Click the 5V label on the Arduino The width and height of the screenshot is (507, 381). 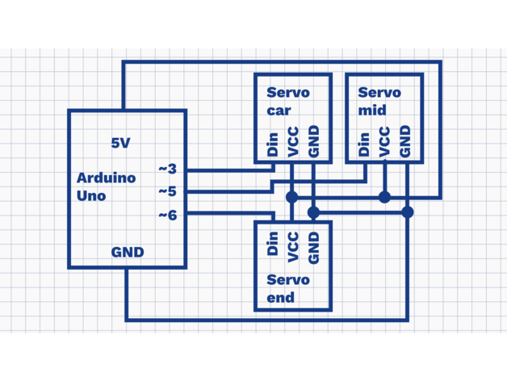[x=120, y=143]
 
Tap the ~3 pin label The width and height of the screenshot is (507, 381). [x=167, y=170]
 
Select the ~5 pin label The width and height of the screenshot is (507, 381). [x=167, y=192]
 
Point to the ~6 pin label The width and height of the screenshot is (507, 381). [x=167, y=216]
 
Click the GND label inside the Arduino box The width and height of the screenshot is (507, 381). [x=128, y=252]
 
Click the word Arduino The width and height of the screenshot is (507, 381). [x=106, y=178]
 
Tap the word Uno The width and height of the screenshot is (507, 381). [x=91, y=195]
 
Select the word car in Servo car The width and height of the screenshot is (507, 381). [x=279, y=111]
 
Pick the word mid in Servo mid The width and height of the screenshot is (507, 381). [x=371, y=111]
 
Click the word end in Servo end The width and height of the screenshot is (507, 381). [x=280, y=297]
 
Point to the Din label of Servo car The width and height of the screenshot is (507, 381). [x=273, y=145]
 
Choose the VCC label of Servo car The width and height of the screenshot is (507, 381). [x=293, y=141]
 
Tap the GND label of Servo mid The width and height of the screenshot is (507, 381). [x=405, y=141]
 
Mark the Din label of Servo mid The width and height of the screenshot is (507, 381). [x=365, y=145]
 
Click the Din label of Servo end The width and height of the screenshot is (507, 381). [x=273, y=244]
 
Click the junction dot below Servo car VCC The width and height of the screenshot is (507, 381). [x=292, y=197]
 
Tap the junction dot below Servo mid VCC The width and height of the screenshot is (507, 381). [x=385, y=197]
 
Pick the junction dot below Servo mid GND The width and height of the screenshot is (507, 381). [x=408, y=212]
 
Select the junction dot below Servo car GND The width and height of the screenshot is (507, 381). [x=314, y=212]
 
